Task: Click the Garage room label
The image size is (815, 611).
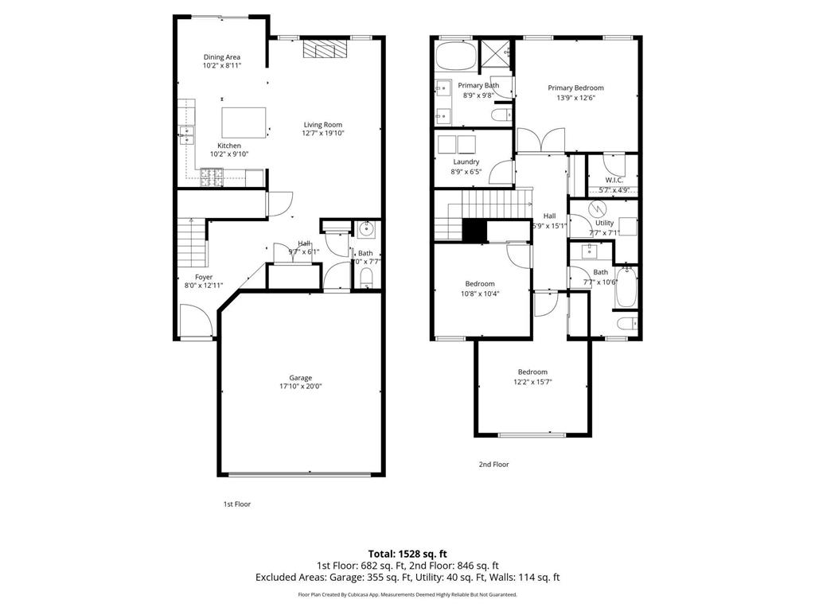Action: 301,378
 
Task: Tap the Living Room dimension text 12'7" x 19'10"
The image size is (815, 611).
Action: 322,134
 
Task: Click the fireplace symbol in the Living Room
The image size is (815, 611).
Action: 325,50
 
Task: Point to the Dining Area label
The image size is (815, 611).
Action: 222,57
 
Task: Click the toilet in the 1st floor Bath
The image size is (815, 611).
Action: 366,278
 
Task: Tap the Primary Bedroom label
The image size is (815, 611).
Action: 575,88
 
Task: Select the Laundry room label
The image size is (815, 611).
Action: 466,162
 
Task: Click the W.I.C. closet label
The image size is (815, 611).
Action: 613,180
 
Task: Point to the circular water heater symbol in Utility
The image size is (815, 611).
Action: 598,208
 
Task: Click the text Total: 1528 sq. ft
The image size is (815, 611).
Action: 407,553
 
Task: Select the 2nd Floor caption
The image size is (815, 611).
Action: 493,464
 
